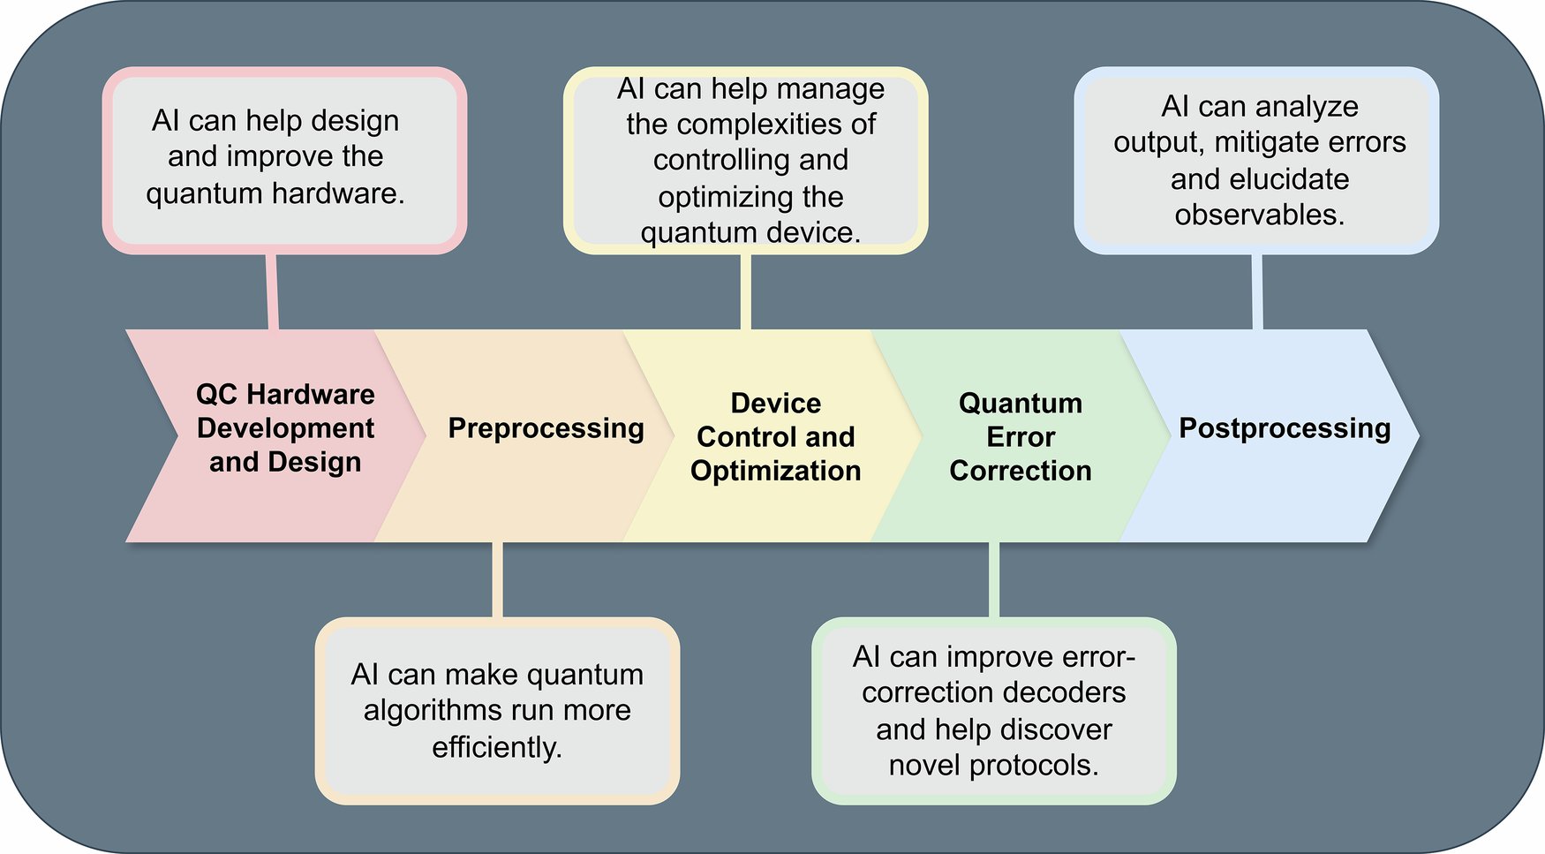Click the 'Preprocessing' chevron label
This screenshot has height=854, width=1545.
coord(546,428)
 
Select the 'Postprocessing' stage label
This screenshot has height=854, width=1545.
coord(1285,428)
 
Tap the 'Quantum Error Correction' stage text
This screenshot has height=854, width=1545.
coord(1021,437)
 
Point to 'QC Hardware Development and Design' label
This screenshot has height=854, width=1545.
coord(285,428)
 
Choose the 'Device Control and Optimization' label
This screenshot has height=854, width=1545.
coord(775,437)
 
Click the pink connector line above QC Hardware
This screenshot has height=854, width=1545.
coord(272,291)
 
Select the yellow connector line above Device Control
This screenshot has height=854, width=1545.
coord(746,291)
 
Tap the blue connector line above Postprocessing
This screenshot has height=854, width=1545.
coord(1256,291)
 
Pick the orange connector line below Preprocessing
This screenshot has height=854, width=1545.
coord(498,579)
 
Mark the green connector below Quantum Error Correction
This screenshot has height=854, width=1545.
coord(994,579)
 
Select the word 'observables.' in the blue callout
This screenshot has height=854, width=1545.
coord(1259,215)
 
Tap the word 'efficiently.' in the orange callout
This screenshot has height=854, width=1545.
coord(497,747)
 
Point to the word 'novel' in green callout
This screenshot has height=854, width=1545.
coord(924,765)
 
